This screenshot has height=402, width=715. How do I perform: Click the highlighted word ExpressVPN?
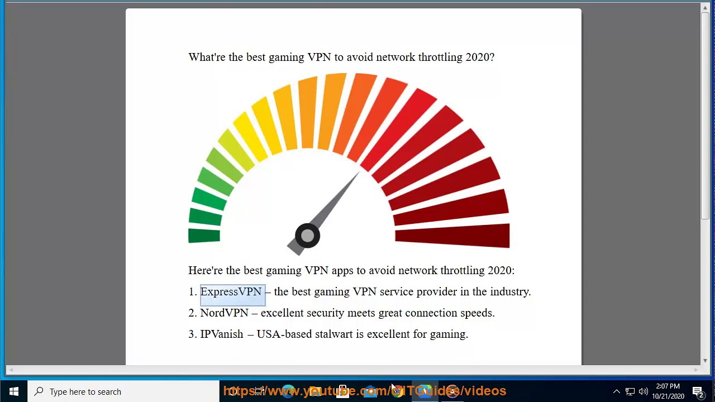pyautogui.click(x=231, y=292)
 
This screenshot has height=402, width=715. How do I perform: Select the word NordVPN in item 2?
pyautogui.click(x=224, y=313)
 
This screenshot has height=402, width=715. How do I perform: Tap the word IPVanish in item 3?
pyautogui.click(x=222, y=334)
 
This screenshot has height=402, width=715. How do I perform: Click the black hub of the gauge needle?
pyautogui.click(x=307, y=236)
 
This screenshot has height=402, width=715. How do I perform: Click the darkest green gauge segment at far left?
pyautogui.click(x=204, y=236)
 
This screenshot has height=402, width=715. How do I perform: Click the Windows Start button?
pyautogui.click(x=14, y=391)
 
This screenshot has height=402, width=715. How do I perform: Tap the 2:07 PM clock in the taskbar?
pyautogui.click(x=668, y=386)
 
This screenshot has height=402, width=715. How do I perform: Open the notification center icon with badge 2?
pyautogui.click(x=698, y=391)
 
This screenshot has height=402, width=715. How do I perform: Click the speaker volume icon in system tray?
pyautogui.click(x=643, y=391)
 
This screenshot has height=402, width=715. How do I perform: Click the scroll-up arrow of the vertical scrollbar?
pyautogui.click(x=705, y=8)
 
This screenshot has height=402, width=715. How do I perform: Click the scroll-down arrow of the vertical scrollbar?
pyautogui.click(x=705, y=361)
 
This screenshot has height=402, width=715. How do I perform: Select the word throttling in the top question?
pyautogui.click(x=440, y=58)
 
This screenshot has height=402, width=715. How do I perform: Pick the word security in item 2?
pyautogui.click(x=325, y=313)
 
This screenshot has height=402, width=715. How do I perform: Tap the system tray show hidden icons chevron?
pyautogui.click(x=617, y=391)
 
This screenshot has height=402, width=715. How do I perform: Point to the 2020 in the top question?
pyautogui.click(x=479, y=58)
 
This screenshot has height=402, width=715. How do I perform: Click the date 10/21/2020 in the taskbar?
pyautogui.click(x=668, y=396)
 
